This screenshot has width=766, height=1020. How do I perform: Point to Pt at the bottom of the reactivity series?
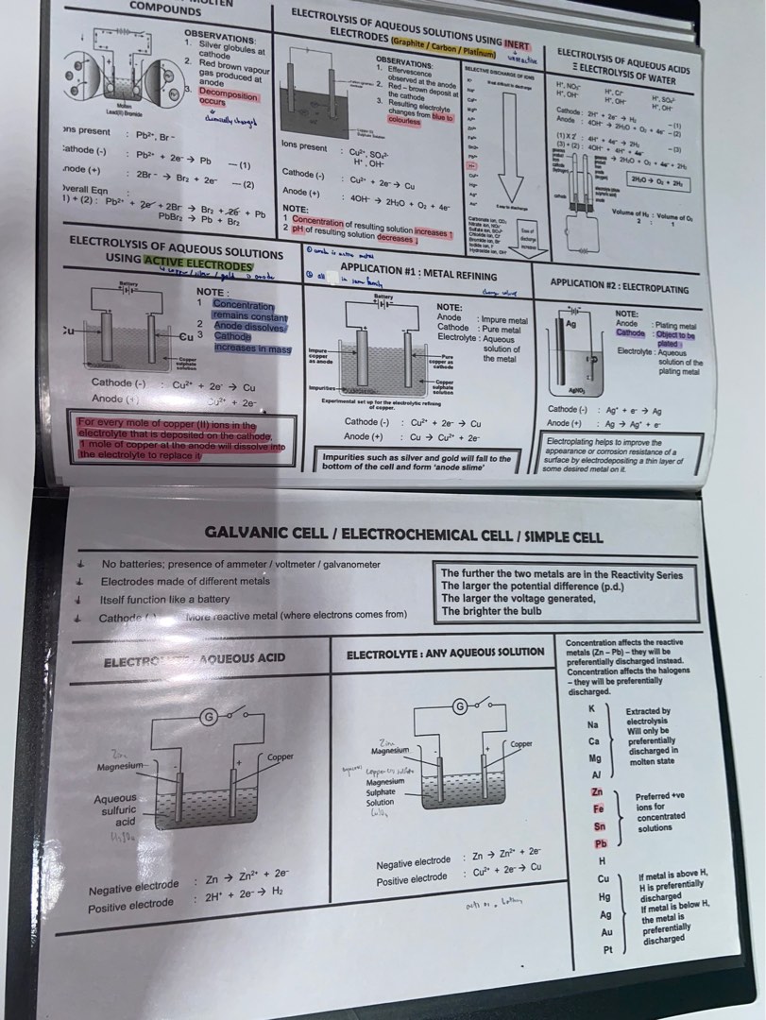(x=609, y=949)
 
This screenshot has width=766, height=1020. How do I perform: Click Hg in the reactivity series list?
(x=604, y=896)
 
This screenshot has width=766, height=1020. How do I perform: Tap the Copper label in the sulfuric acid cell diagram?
(x=281, y=756)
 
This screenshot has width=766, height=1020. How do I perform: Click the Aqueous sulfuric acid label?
(x=114, y=810)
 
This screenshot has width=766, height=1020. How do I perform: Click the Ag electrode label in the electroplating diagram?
(x=570, y=323)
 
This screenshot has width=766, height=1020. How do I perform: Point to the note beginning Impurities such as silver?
(x=416, y=462)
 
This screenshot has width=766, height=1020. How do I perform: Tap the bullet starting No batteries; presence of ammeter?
(x=241, y=564)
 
